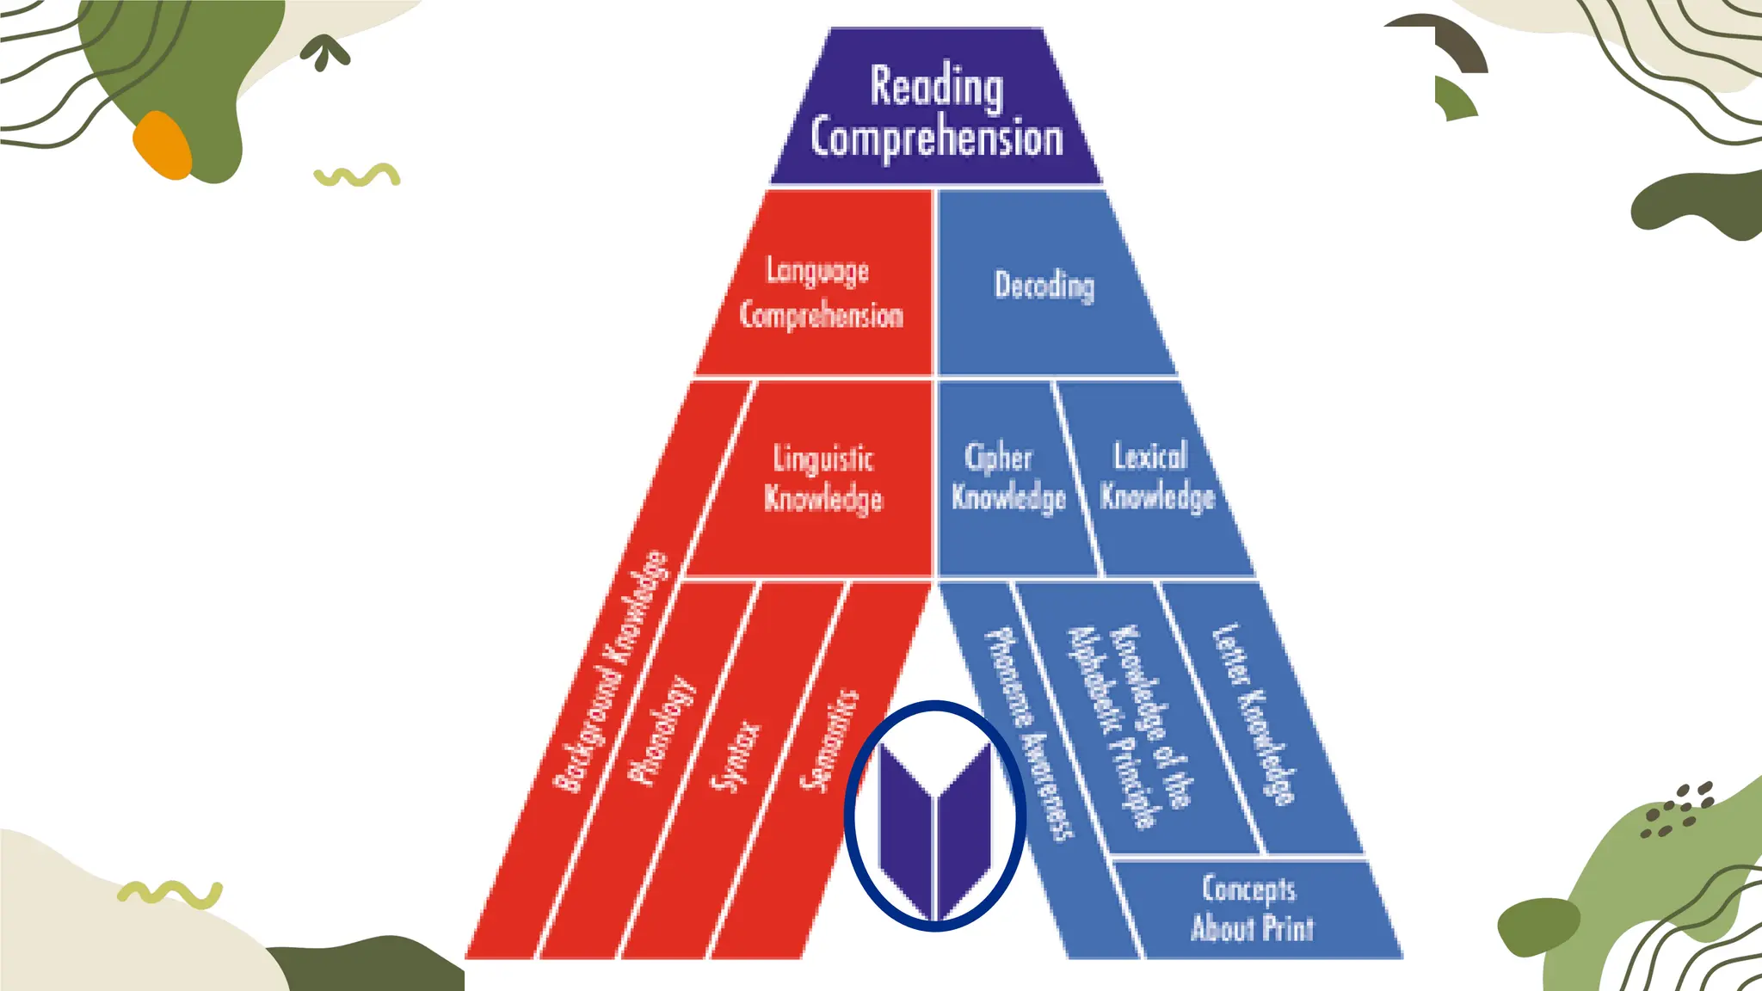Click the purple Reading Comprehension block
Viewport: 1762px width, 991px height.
tap(936, 107)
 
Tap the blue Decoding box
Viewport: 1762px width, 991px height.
tap(1045, 284)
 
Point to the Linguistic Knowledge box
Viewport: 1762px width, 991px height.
tap(823, 479)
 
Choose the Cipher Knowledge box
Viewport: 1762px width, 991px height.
tap(1008, 479)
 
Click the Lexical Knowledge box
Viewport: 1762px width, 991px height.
tap(1157, 479)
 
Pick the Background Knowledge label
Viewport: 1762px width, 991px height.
tap(610, 671)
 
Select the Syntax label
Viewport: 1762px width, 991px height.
tap(736, 755)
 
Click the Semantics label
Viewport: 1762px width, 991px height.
tap(829, 740)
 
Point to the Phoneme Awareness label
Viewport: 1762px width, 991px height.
tap(1029, 734)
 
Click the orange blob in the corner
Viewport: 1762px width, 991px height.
tap(163, 145)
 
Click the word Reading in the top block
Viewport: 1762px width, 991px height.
tap(937, 86)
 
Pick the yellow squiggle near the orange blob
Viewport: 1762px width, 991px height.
tap(357, 175)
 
